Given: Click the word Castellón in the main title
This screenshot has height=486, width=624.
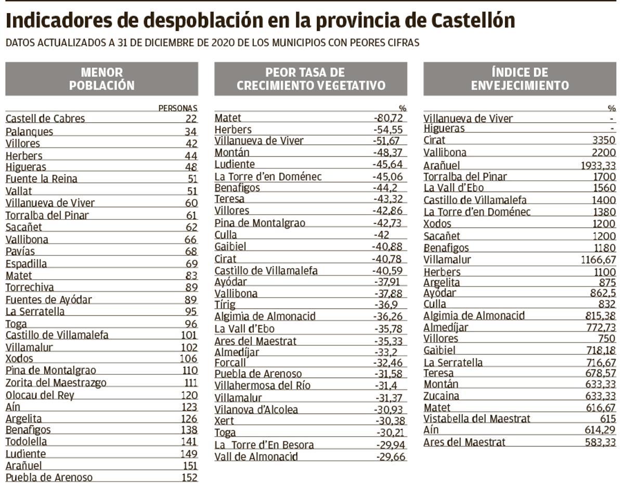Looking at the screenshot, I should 473,21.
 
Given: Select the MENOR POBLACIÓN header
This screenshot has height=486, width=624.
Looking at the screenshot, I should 101,79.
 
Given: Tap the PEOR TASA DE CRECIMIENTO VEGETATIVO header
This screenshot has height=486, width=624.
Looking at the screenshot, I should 311,79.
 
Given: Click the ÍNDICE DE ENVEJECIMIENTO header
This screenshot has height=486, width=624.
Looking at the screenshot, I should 519,79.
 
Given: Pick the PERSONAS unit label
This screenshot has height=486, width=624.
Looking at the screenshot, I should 178,109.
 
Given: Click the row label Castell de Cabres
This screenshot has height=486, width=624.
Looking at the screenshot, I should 45,119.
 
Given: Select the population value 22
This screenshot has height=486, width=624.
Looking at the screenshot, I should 191,119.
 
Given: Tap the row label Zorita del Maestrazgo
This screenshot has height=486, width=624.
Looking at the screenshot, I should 56,383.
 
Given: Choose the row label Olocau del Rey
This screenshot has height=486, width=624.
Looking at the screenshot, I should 40,395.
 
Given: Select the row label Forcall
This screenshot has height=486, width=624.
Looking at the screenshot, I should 230,362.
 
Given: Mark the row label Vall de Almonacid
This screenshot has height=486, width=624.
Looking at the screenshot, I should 256,457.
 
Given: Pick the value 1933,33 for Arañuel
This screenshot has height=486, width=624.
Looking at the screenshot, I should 598,165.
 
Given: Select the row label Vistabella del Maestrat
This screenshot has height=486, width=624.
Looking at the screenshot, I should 477,419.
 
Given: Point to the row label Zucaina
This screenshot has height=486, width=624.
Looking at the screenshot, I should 441,396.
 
